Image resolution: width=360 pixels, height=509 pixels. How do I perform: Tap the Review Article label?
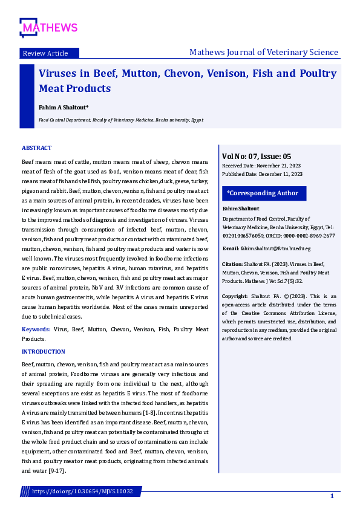pyautogui.click(x=45, y=53)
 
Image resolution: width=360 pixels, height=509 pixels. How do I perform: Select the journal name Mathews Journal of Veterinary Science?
pyautogui.click(x=264, y=53)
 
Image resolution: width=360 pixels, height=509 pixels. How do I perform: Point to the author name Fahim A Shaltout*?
pyautogui.click(x=64, y=107)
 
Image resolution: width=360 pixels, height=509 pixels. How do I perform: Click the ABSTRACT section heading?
pyautogui.click(x=37, y=148)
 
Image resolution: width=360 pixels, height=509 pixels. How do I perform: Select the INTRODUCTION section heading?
pyautogui.click(x=44, y=352)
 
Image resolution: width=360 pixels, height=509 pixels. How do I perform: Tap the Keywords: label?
pyautogui.click(x=36, y=329)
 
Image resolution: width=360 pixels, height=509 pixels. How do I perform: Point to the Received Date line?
pyautogui.click(x=261, y=165)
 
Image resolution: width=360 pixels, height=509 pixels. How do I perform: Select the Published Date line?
pyautogui.click(x=262, y=174)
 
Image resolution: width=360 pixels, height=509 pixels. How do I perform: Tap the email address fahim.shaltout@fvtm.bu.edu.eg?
pyautogui.click(x=276, y=248)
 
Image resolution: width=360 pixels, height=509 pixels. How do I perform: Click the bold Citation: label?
pyautogui.click(x=232, y=264)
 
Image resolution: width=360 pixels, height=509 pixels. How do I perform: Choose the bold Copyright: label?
pyautogui.click(x=235, y=296)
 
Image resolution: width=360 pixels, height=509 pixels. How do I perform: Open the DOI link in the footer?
pyautogui.click(x=82, y=491)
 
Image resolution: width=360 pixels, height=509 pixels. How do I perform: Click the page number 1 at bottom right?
pyautogui.click(x=332, y=496)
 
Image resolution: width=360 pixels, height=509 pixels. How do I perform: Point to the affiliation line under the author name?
pyautogui.click(x=121, y=120)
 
